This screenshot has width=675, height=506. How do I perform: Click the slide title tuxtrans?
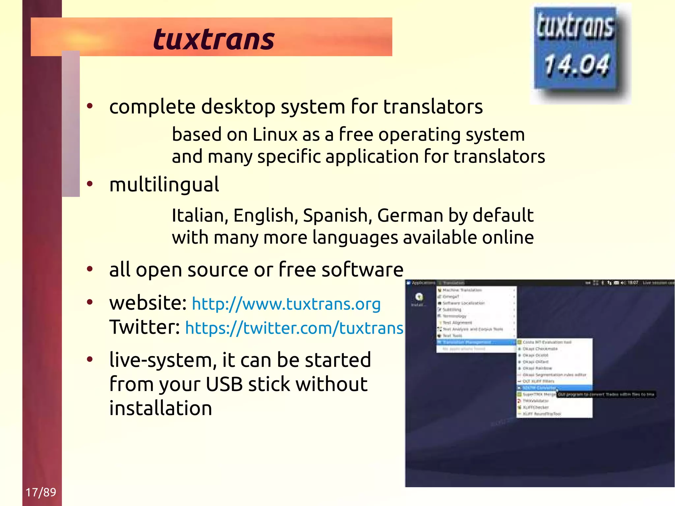tap(214, 40)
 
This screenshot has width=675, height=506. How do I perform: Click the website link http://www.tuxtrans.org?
tap(286, 304)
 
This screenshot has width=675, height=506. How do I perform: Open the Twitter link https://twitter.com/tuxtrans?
tap(294, 328)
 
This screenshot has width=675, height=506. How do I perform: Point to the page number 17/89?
tap(41, 492)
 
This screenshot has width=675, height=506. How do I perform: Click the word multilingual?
tap(164, 184)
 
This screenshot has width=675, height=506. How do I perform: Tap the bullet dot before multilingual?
tap(90, 184)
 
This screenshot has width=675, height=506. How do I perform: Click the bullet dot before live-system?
tap(90, 359)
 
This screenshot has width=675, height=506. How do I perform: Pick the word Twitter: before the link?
tap(144, 327)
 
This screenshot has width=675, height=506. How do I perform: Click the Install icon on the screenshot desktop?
tap(419, 298)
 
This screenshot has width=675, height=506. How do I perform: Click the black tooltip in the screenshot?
tap(606, 394)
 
